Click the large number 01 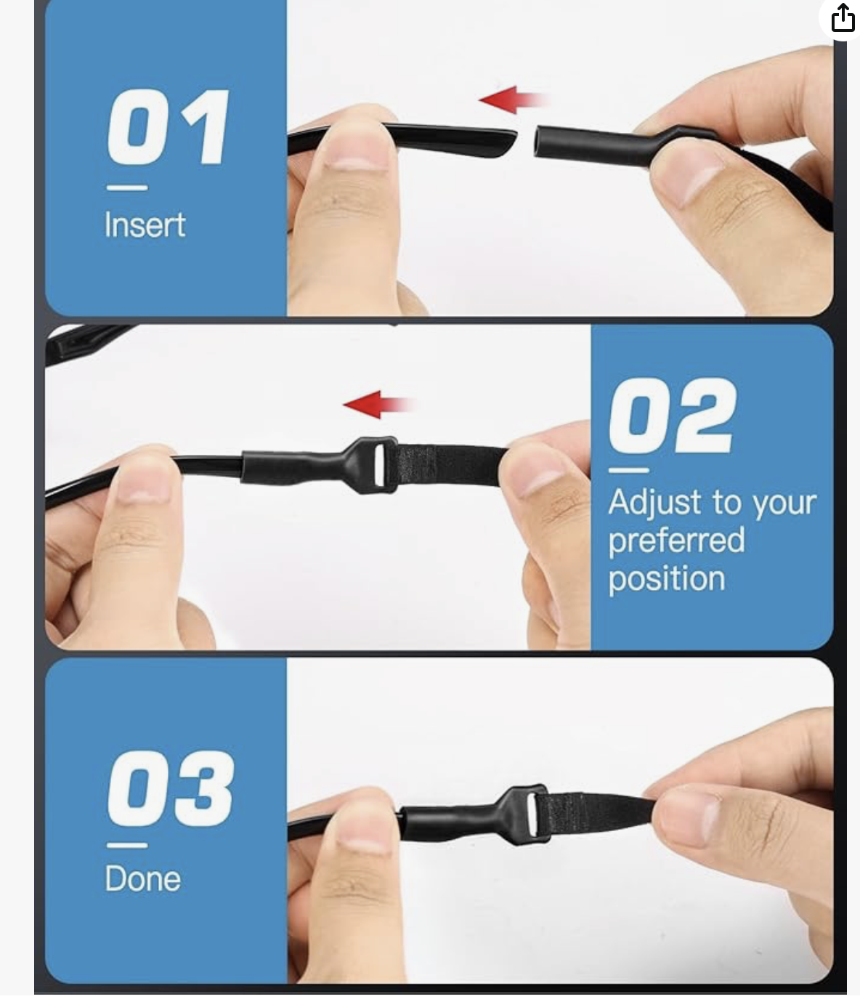click(x=168, y=127)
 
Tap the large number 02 click(x=673, y=416)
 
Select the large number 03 click(x=171, y=788)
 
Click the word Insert click(x=145, y=225)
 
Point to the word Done click(x=142, y=879)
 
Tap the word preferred click(x=676, y=541)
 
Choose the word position click(x=667, y=579)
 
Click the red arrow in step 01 click(x=514, y=100)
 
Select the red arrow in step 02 click(x=379, y=405)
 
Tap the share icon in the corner click(x=843, y=18)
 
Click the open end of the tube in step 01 click(x=537, y=142)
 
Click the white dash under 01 click(x=127, y=187)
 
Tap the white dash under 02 click(x=629, y=470)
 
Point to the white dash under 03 click(x=127, y=845)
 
